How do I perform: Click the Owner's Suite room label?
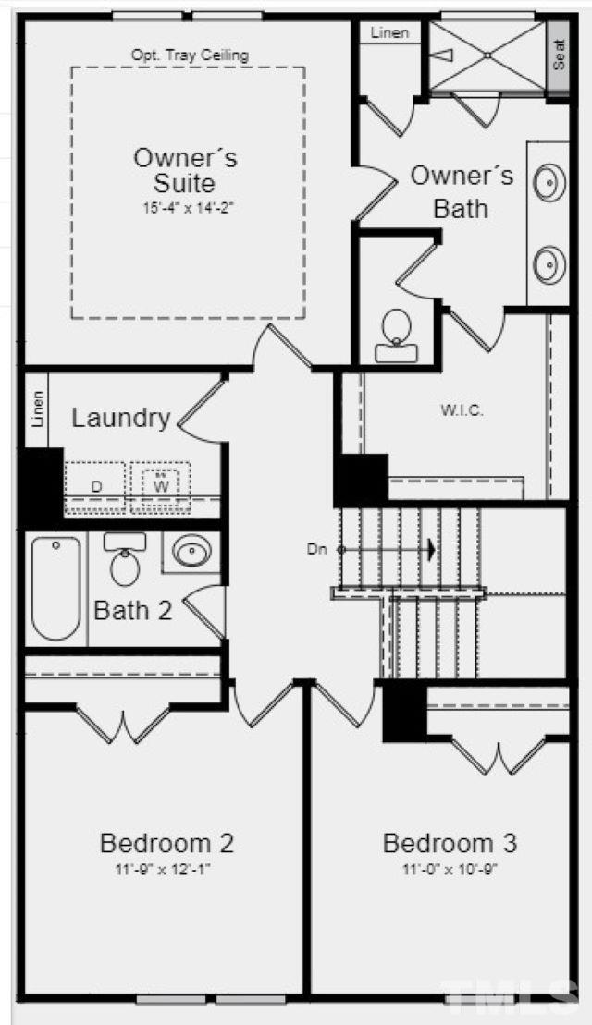[186, 170]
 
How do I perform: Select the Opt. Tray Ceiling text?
[190, 55]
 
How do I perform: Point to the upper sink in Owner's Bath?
[549, 182]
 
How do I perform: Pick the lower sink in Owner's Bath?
[549, 264]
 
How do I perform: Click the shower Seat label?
[559, 55]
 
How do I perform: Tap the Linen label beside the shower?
[389, 32]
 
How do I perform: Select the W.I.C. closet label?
[462, 411]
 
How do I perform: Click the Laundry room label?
[121, 418]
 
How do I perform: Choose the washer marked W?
[161, 486]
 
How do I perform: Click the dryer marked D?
[96, 486]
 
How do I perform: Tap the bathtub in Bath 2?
[56, 588]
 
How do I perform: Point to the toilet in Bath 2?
[125, 559]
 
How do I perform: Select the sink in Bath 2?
[191, 552]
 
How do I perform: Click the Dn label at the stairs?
[316, 550]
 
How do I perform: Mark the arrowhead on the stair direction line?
[430, 550]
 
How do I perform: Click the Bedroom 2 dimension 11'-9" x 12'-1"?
[166, 870]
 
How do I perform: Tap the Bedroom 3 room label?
[450, 843]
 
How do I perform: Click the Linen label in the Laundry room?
[37, 409]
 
